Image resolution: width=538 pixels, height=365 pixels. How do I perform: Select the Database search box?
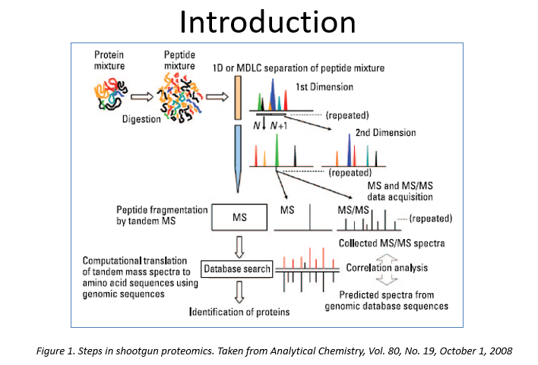(236, 269)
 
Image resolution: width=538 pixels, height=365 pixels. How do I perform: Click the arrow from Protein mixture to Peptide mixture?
(141, 96)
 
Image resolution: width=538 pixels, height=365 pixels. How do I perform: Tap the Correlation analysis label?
(389, 268)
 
